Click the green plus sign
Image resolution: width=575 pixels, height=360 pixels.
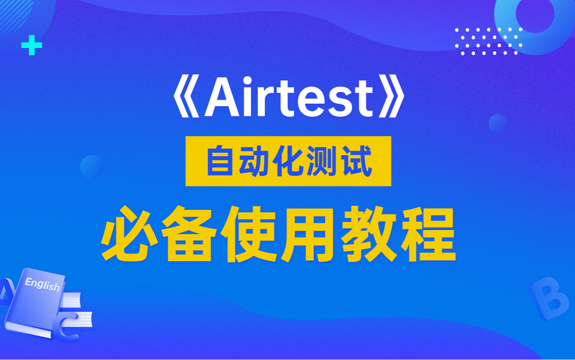click(x=31, y=47)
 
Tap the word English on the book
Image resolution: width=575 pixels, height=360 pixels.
click(x=42, y=285)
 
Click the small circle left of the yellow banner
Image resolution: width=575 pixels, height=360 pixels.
click(x=91, y=166)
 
